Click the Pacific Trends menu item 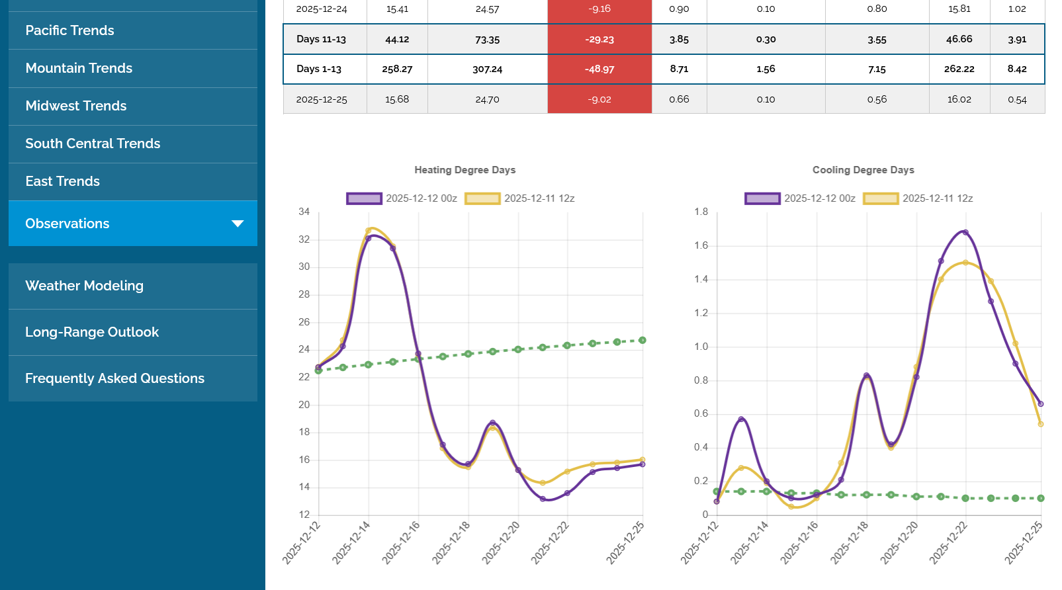69,30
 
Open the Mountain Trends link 79,68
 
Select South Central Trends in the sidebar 93,144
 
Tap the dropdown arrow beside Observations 238,224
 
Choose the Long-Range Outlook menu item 92,332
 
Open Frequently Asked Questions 114,378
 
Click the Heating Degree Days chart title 465,170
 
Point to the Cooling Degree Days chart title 863,170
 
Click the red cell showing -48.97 599,69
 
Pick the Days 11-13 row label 321,39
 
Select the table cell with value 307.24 487,69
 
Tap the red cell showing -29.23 599,39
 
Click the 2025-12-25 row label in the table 322,99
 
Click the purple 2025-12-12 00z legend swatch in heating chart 364,198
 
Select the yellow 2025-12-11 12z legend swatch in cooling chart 881,198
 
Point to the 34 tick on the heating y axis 304,212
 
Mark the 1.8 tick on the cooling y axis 701,212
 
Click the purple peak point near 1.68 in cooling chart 965,232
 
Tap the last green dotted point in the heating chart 642,340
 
